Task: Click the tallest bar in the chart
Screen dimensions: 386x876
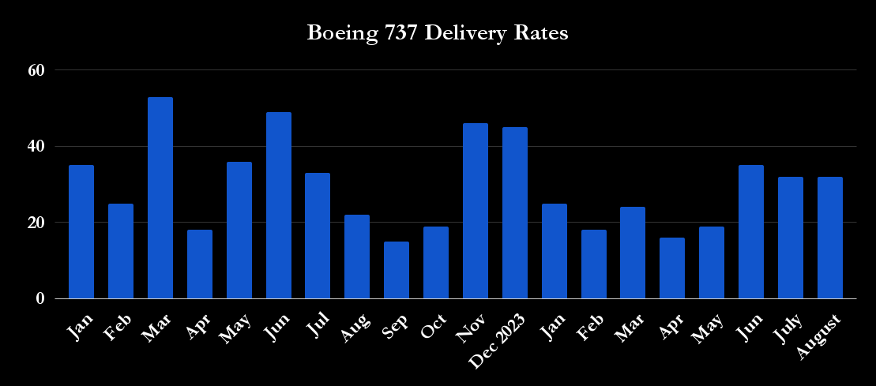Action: coord(160,198)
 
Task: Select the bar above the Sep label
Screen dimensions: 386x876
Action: coord(397,271)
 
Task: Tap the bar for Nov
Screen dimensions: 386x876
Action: coord(476,212)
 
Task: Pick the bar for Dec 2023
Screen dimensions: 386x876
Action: coord(515,213)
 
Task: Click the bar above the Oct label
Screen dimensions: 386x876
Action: coord(436,263)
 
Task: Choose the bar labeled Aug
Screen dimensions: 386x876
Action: coord(357,257)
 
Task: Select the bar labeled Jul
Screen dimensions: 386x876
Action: coord(318,236)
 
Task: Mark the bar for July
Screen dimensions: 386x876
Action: coord(791,238)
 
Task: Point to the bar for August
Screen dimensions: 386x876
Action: coord(830,238)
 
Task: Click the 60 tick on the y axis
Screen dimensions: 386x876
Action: coord(36,70)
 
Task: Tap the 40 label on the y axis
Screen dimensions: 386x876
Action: coord(36,146)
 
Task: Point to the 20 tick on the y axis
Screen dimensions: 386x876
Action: coord(36,223)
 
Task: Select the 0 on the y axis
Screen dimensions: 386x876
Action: coord(39,299)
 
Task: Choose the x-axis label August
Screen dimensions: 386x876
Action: coord(818,336)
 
